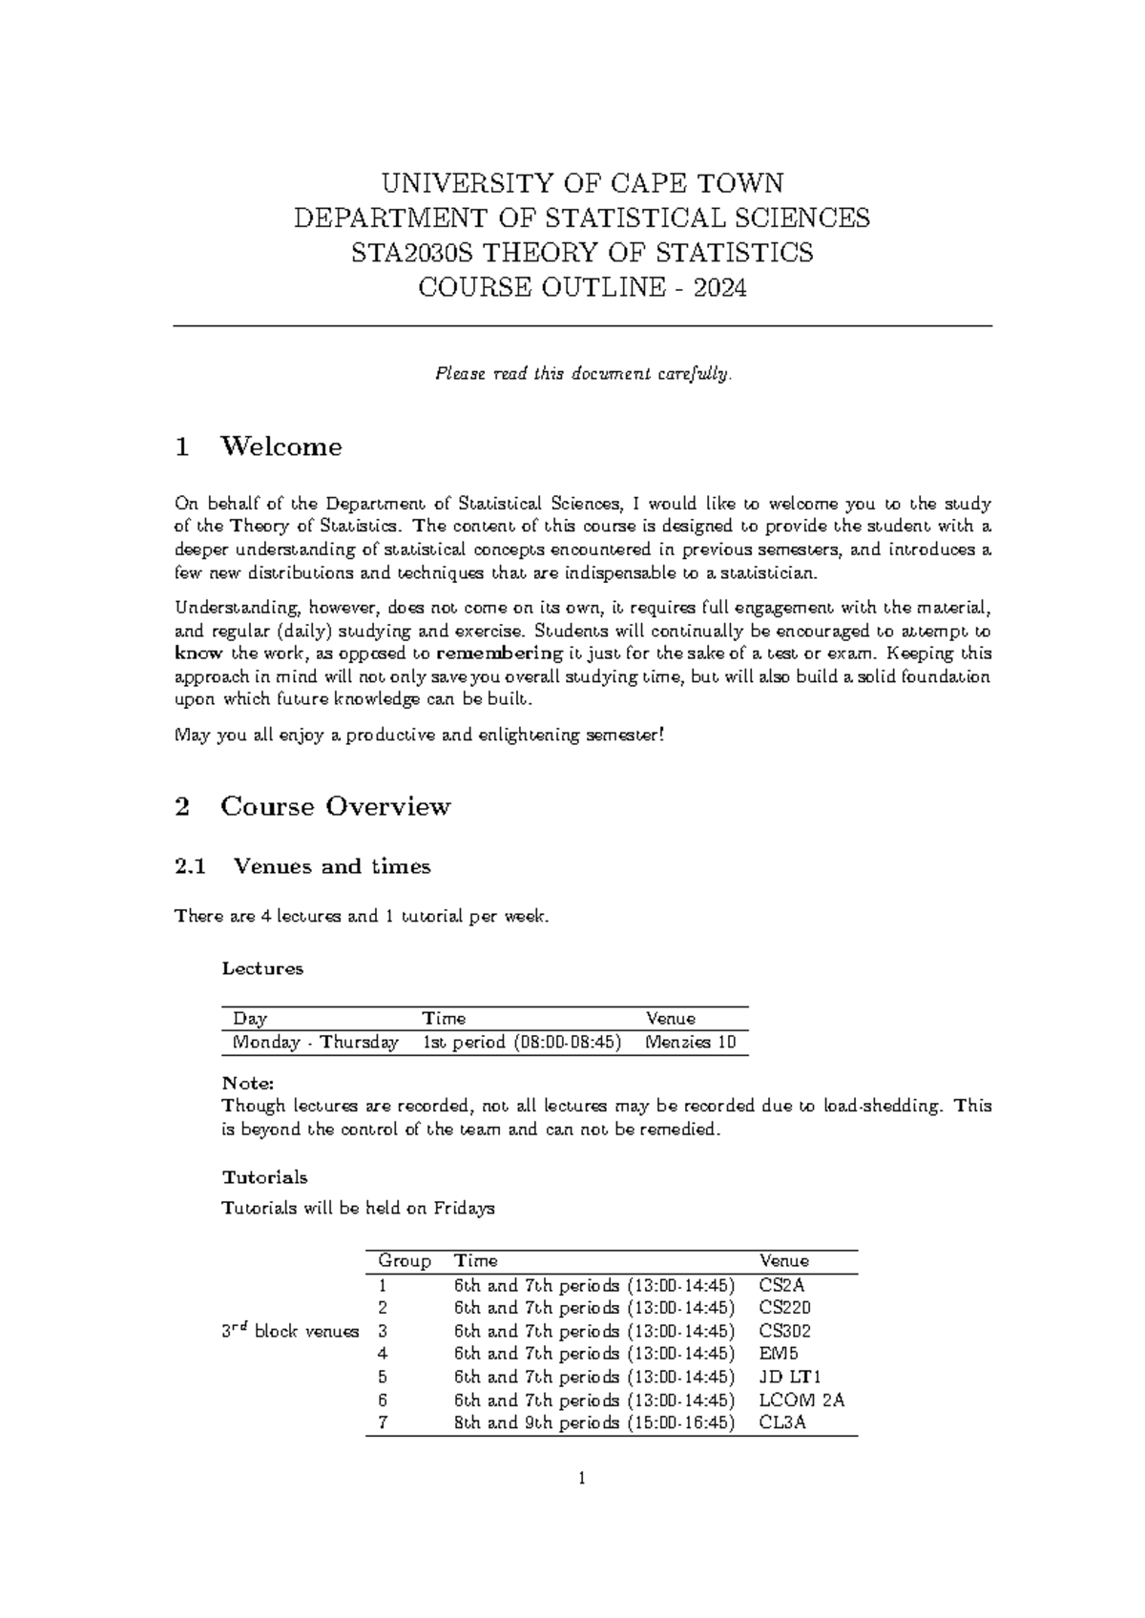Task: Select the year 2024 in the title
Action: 720,287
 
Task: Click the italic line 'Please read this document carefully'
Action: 583,374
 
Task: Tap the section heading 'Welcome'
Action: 281,446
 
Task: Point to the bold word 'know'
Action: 198,653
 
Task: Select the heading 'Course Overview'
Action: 335,806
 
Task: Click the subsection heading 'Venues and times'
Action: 331,866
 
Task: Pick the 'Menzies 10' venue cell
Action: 691,1042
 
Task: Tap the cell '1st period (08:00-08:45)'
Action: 522,1042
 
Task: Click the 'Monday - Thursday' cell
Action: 315,1042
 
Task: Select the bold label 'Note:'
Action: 248,1083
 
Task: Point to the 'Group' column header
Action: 405,1261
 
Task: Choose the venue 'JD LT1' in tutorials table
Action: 790,1377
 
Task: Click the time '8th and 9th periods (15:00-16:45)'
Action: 594,1422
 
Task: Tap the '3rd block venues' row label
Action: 290,1331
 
